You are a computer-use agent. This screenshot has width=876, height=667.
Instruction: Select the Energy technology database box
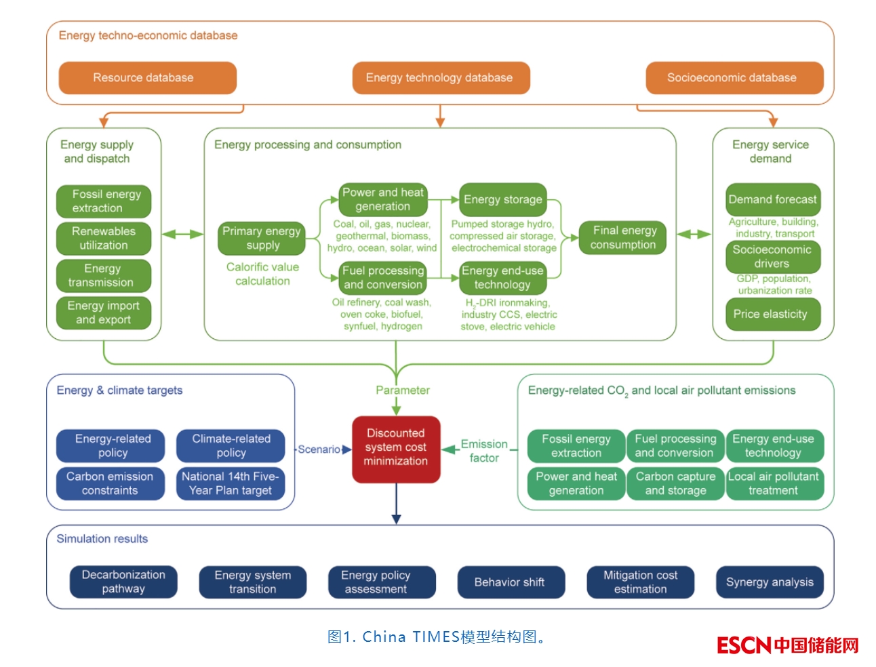point(440,78)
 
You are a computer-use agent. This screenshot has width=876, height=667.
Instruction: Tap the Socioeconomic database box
point(734,78)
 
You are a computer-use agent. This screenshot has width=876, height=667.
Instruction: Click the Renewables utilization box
point(104,239)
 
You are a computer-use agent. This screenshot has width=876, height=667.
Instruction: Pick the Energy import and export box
point(104,312)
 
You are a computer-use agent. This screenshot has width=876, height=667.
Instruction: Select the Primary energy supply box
point(262,238)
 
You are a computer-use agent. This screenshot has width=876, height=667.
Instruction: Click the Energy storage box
point(502,199)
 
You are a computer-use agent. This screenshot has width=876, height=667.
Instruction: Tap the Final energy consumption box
point(623,237)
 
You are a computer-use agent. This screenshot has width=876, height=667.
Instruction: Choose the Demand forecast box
point(772,199)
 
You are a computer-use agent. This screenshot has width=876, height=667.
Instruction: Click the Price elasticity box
point(772,314)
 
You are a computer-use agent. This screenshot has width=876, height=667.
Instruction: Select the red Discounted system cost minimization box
point(396,448)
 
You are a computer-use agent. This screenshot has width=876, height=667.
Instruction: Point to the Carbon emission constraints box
point(110,483)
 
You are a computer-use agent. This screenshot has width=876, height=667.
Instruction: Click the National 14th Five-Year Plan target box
point(230,483)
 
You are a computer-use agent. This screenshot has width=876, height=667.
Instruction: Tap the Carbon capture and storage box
point(675,483)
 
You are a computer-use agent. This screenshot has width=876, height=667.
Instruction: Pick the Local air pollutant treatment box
point(774,483)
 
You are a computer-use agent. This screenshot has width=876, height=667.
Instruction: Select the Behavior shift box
point(510,582)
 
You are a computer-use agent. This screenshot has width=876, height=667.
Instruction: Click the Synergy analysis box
point(770,582)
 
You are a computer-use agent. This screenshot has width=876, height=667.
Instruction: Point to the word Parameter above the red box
point(403,390)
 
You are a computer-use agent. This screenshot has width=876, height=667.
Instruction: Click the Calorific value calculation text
point(262,274)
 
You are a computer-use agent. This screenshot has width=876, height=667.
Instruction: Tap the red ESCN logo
point(744,645)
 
